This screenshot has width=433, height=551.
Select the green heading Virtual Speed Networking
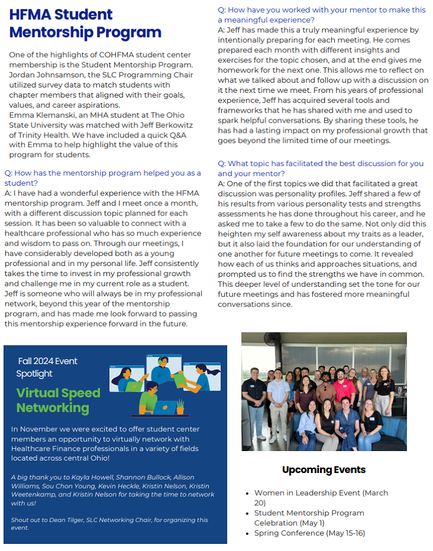[58, 400]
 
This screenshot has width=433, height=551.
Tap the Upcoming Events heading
[324, 470]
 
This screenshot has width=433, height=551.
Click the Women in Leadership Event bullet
[321, 493]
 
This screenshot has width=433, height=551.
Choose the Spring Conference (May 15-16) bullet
[309, 533]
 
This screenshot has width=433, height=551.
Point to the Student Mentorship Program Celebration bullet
[309, 518]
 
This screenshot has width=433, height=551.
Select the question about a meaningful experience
[322, 15]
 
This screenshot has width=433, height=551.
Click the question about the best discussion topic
[321, 168]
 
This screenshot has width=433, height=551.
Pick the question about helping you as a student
[101, 178]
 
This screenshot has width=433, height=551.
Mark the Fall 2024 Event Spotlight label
[48, 367]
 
